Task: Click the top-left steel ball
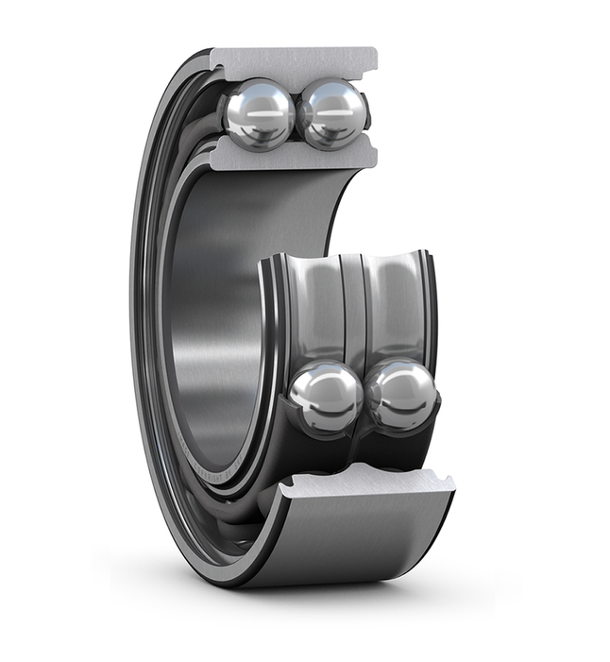point(260,113)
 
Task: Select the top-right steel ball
point(331,113)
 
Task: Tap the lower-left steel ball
point(325,398)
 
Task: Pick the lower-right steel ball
point(401,395)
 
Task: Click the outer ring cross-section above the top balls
point(293,62)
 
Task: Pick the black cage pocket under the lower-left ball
point(316,449)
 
